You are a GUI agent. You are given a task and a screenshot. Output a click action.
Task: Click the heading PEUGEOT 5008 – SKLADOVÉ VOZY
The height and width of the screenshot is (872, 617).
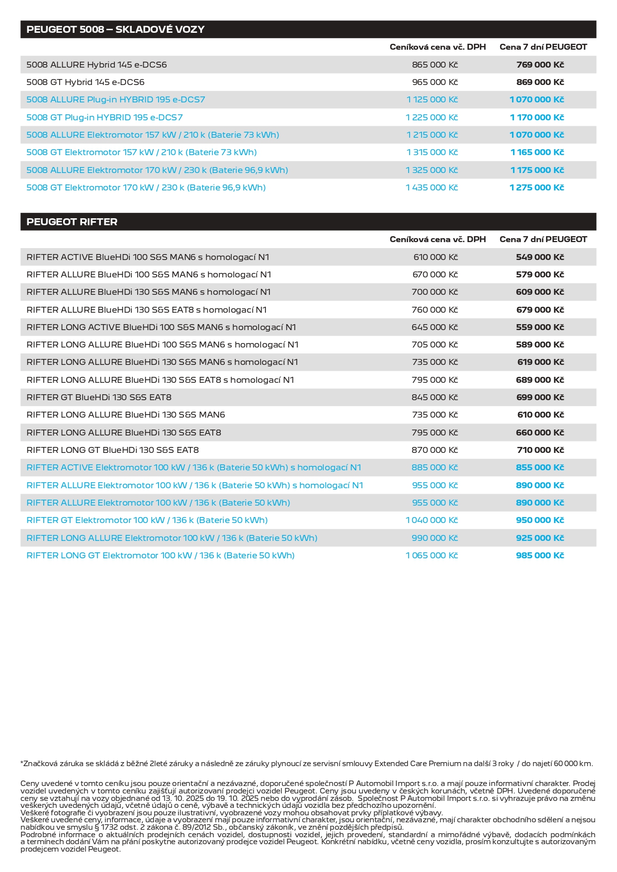(x=115, y=29)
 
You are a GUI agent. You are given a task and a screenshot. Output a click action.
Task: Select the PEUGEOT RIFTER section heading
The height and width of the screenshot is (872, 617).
(x=72, y=222)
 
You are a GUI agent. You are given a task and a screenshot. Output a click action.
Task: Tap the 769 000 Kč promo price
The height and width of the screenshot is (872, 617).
(x=540, y=65)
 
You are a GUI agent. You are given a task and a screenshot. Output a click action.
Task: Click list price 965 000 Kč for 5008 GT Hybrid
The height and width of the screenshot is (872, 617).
(x=435, y=82)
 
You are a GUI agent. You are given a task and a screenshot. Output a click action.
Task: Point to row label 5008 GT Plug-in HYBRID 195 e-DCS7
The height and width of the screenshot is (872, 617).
(x=104, y=117)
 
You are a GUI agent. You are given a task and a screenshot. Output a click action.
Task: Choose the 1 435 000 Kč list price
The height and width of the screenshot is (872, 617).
(x=432, y=187)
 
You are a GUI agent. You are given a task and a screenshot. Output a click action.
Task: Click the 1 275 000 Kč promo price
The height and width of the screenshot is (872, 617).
(x=536, y=187)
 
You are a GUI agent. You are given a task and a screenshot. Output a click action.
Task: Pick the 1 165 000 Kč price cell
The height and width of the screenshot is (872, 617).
(x=537, y=152)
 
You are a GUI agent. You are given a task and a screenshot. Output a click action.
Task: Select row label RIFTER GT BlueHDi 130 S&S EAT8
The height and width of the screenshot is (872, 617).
(x=99, y=397)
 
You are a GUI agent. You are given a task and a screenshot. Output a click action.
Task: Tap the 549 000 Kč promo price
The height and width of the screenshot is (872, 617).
(x=540, y=257)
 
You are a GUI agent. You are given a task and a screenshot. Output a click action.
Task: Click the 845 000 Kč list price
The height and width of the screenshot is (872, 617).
(x=435, y=397)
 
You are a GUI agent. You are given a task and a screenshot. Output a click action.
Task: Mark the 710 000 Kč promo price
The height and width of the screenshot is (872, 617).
(x=540, y=450)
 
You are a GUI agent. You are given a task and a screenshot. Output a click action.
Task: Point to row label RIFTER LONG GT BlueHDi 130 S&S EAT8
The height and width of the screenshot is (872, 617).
(x=112, y=450)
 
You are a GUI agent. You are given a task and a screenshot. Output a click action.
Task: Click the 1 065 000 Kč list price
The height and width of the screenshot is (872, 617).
(x=432, y=555)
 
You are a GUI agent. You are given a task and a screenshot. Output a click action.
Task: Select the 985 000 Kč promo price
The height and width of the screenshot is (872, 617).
(x=540, y=555)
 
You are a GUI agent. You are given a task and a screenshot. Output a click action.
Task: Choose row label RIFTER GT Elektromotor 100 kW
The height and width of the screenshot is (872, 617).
(x=147, y=520)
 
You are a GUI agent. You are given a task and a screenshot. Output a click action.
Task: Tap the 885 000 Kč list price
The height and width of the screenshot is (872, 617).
(x=435, y=467)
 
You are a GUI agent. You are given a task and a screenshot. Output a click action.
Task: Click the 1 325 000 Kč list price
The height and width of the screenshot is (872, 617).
(x=432, y=170)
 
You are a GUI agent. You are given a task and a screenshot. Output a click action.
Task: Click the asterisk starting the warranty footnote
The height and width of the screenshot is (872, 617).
(x=22, y=763)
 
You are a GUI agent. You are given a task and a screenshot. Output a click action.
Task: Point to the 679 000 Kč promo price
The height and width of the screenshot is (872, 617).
(x=540, y=310)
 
